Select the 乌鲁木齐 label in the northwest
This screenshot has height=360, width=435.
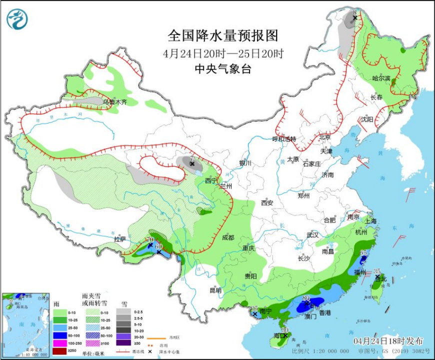click(x=115, y=102)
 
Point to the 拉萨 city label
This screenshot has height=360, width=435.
click(x=119, y=239)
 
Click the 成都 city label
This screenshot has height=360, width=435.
click(x=227, y=238)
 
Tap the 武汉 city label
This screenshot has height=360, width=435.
click(x=312, y=234)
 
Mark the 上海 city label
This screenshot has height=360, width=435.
click(x=370, y=220)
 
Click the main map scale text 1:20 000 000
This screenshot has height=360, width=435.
click(x=325, y=351)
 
